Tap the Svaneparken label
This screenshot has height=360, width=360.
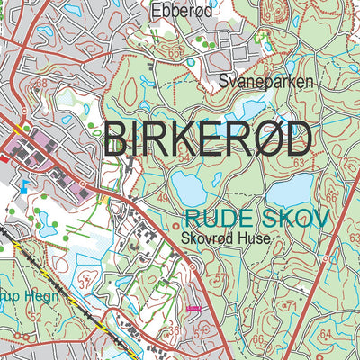pos(266,82)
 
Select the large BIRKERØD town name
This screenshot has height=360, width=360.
pos(209,139)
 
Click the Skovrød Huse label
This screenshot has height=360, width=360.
pos(225,240)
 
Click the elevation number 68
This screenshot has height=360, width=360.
pos(40,85)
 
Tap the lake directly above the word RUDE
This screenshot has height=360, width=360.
pos(192,188)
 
